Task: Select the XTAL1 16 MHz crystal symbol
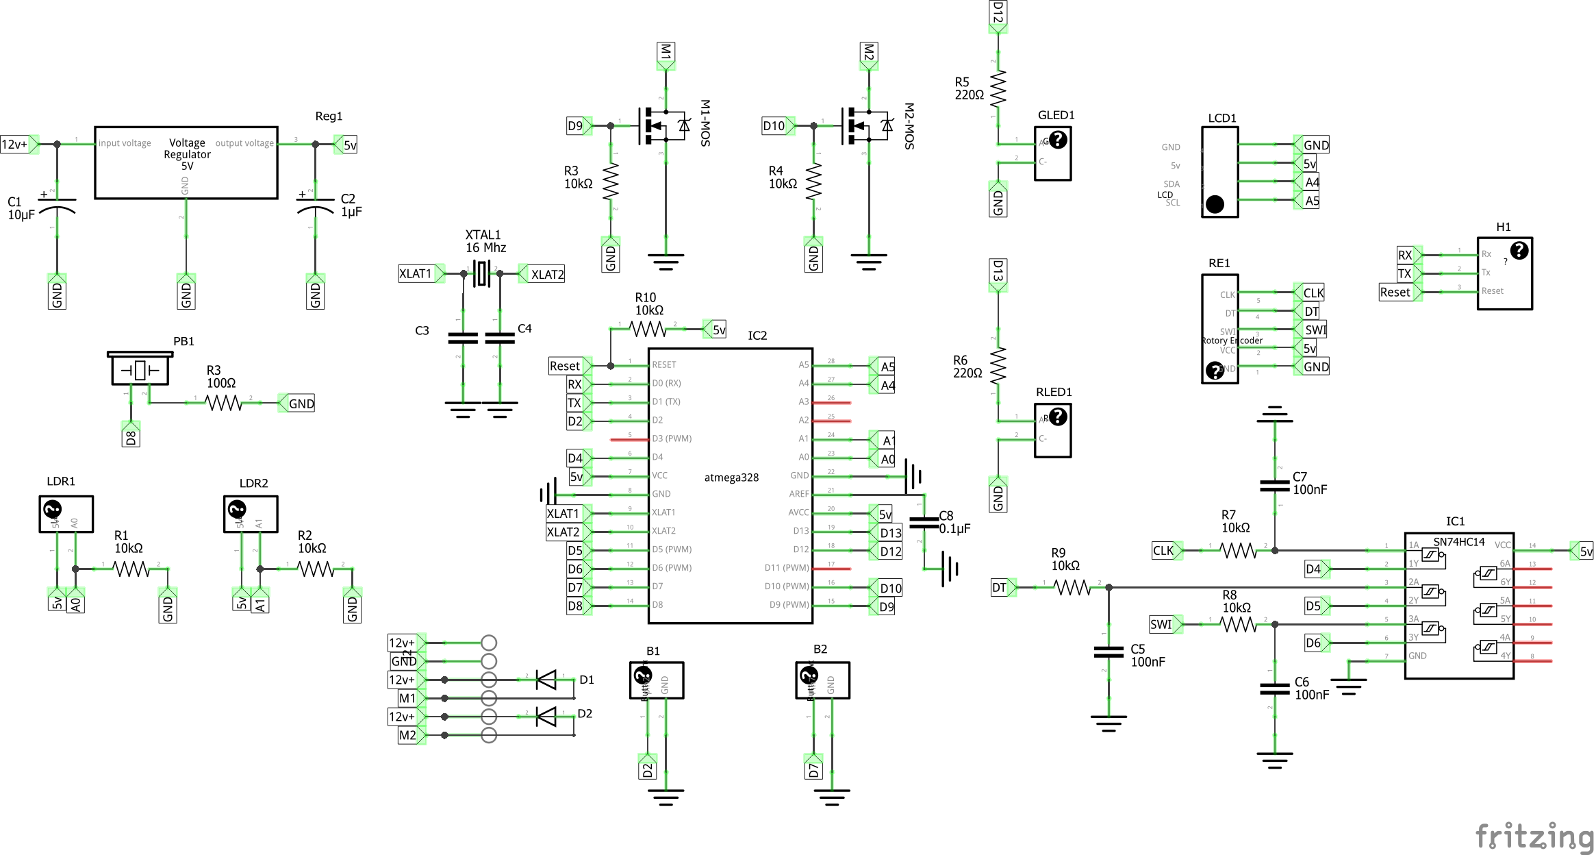[x=482, y=273]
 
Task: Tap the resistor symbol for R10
[x=648, y=330]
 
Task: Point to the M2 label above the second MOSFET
[x=868, y=53]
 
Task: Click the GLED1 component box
[x=1052, y=153]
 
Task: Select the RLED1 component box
[x=1052, y=430]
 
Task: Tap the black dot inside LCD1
[x=1215, y=204]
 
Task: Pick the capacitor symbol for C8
[x=924, y=522]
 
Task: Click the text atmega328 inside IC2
[x=731, y=478]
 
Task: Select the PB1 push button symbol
[x=140, y=370]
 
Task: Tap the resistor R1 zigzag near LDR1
[x=131, y=569]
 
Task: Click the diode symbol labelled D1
[x=546, y=680]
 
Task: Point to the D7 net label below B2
[x=813, y=768]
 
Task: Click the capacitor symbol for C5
[x=1109, y=652]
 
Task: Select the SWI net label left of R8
[x=1162, y=624]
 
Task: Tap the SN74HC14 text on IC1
[x=1459, y=542]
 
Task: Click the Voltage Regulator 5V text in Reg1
[x=187, y=154]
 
